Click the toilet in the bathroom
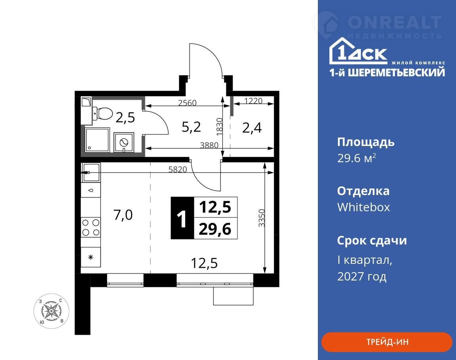102,113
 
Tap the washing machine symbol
124,142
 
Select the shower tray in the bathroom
97,140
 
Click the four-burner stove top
91,227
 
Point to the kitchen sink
91,172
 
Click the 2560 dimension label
187,103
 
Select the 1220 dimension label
253,101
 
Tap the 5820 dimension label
178,169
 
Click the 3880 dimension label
209,145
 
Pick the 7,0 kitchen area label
123,215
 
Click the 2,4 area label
252,128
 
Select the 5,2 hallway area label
191,127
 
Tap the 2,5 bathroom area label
125,117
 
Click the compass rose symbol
51,311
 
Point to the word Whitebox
363,207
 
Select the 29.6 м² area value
357,158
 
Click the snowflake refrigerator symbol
91,257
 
